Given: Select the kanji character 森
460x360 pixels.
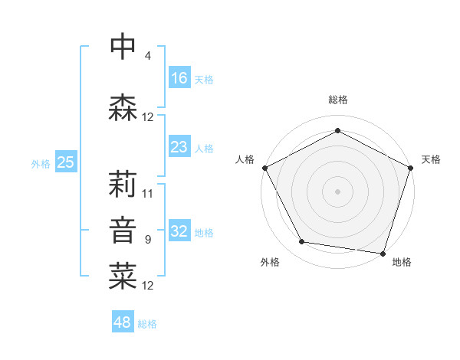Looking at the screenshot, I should click(x=123, y=107).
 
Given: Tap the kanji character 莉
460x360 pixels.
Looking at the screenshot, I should click(x=123, y=184).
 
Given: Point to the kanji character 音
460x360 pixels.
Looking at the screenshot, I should click(x=123, y=231).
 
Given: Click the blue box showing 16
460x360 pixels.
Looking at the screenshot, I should click(x=179, y=78).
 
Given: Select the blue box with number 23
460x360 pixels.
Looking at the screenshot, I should click(x=179, y=147).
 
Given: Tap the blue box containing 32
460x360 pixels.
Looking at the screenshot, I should click(x=179, y=232).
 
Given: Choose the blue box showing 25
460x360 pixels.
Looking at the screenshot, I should click(x=65, y=162).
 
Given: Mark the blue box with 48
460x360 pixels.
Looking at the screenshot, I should click(x=123, y=322).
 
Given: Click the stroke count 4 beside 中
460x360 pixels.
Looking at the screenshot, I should click(x=147, y=56).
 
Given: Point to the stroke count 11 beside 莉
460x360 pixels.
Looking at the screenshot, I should click(x=148, y=194).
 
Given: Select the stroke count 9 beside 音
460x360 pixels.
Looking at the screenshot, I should click(x=147, y=240).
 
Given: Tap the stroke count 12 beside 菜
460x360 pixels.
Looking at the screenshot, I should click(x=148, y=286).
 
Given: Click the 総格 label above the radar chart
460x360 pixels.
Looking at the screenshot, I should click(x=337, y=100).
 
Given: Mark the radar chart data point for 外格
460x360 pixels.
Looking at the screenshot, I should click(x=302, y=242).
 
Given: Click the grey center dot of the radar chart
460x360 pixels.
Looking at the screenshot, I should click(x=337, y=191).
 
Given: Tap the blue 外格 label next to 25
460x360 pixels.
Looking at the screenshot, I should click(x=41, y=163).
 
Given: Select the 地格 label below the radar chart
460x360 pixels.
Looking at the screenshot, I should click(x=402, y=262).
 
